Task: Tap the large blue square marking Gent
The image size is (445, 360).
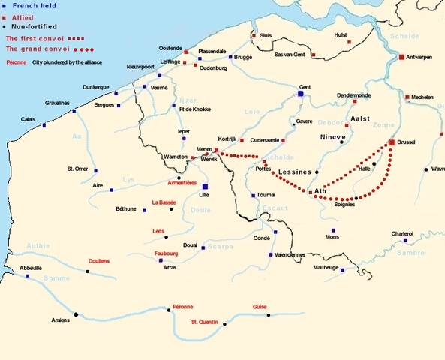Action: pos(300,95)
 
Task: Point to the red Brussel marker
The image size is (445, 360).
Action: pos(392,142)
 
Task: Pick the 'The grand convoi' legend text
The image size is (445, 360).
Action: pos(33,49)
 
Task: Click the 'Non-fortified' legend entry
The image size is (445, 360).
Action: pos(34,26)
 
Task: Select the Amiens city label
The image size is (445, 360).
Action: pos(61,320)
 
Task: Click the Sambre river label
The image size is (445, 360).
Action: pos(411,253)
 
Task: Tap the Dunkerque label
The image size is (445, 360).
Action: pos(95,87)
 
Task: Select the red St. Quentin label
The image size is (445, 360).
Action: pos(205,322)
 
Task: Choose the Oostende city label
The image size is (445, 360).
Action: pos(170,48)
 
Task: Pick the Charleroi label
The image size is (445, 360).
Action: pos(402,233)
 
